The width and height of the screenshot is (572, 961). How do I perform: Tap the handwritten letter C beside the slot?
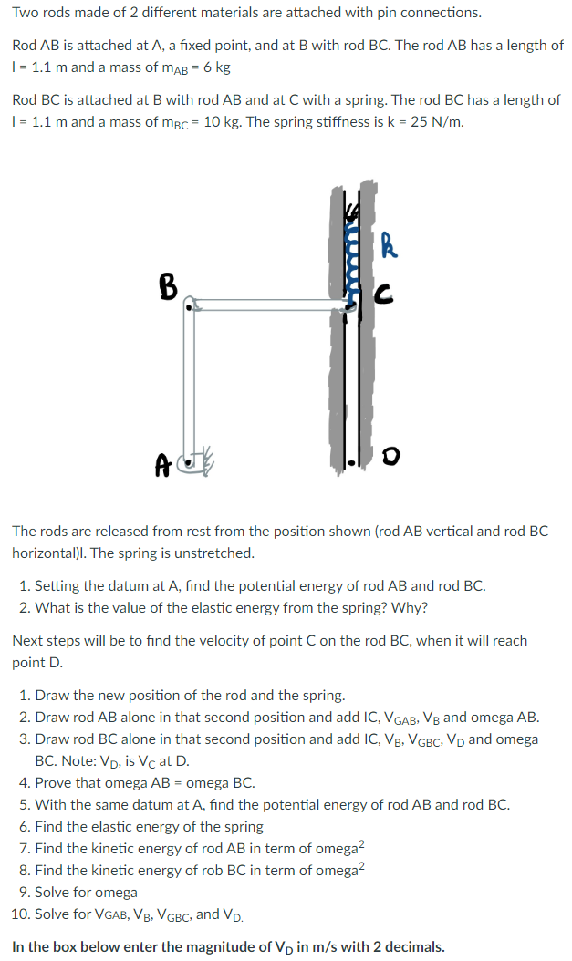tap(385, 291)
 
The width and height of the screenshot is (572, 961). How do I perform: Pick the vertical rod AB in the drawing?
tap(189, 383)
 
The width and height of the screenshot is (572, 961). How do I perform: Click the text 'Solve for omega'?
tap(85, 892)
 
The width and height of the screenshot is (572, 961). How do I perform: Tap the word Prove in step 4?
tap(55, 782)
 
